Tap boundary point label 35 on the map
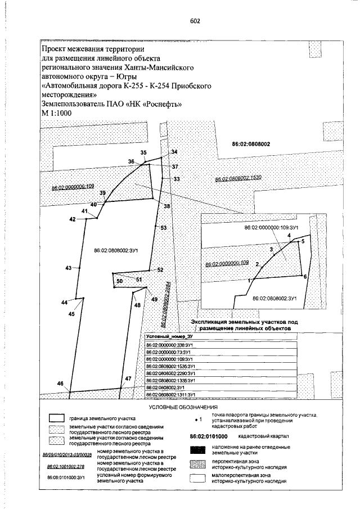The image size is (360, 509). [143, 153]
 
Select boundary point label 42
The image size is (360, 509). [73, 219]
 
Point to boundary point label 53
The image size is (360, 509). [164, 228]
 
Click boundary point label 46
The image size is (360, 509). [60, 384]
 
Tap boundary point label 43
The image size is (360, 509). [68, 268]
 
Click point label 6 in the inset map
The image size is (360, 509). [305, 277]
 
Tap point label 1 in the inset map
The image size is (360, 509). [249, 280]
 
